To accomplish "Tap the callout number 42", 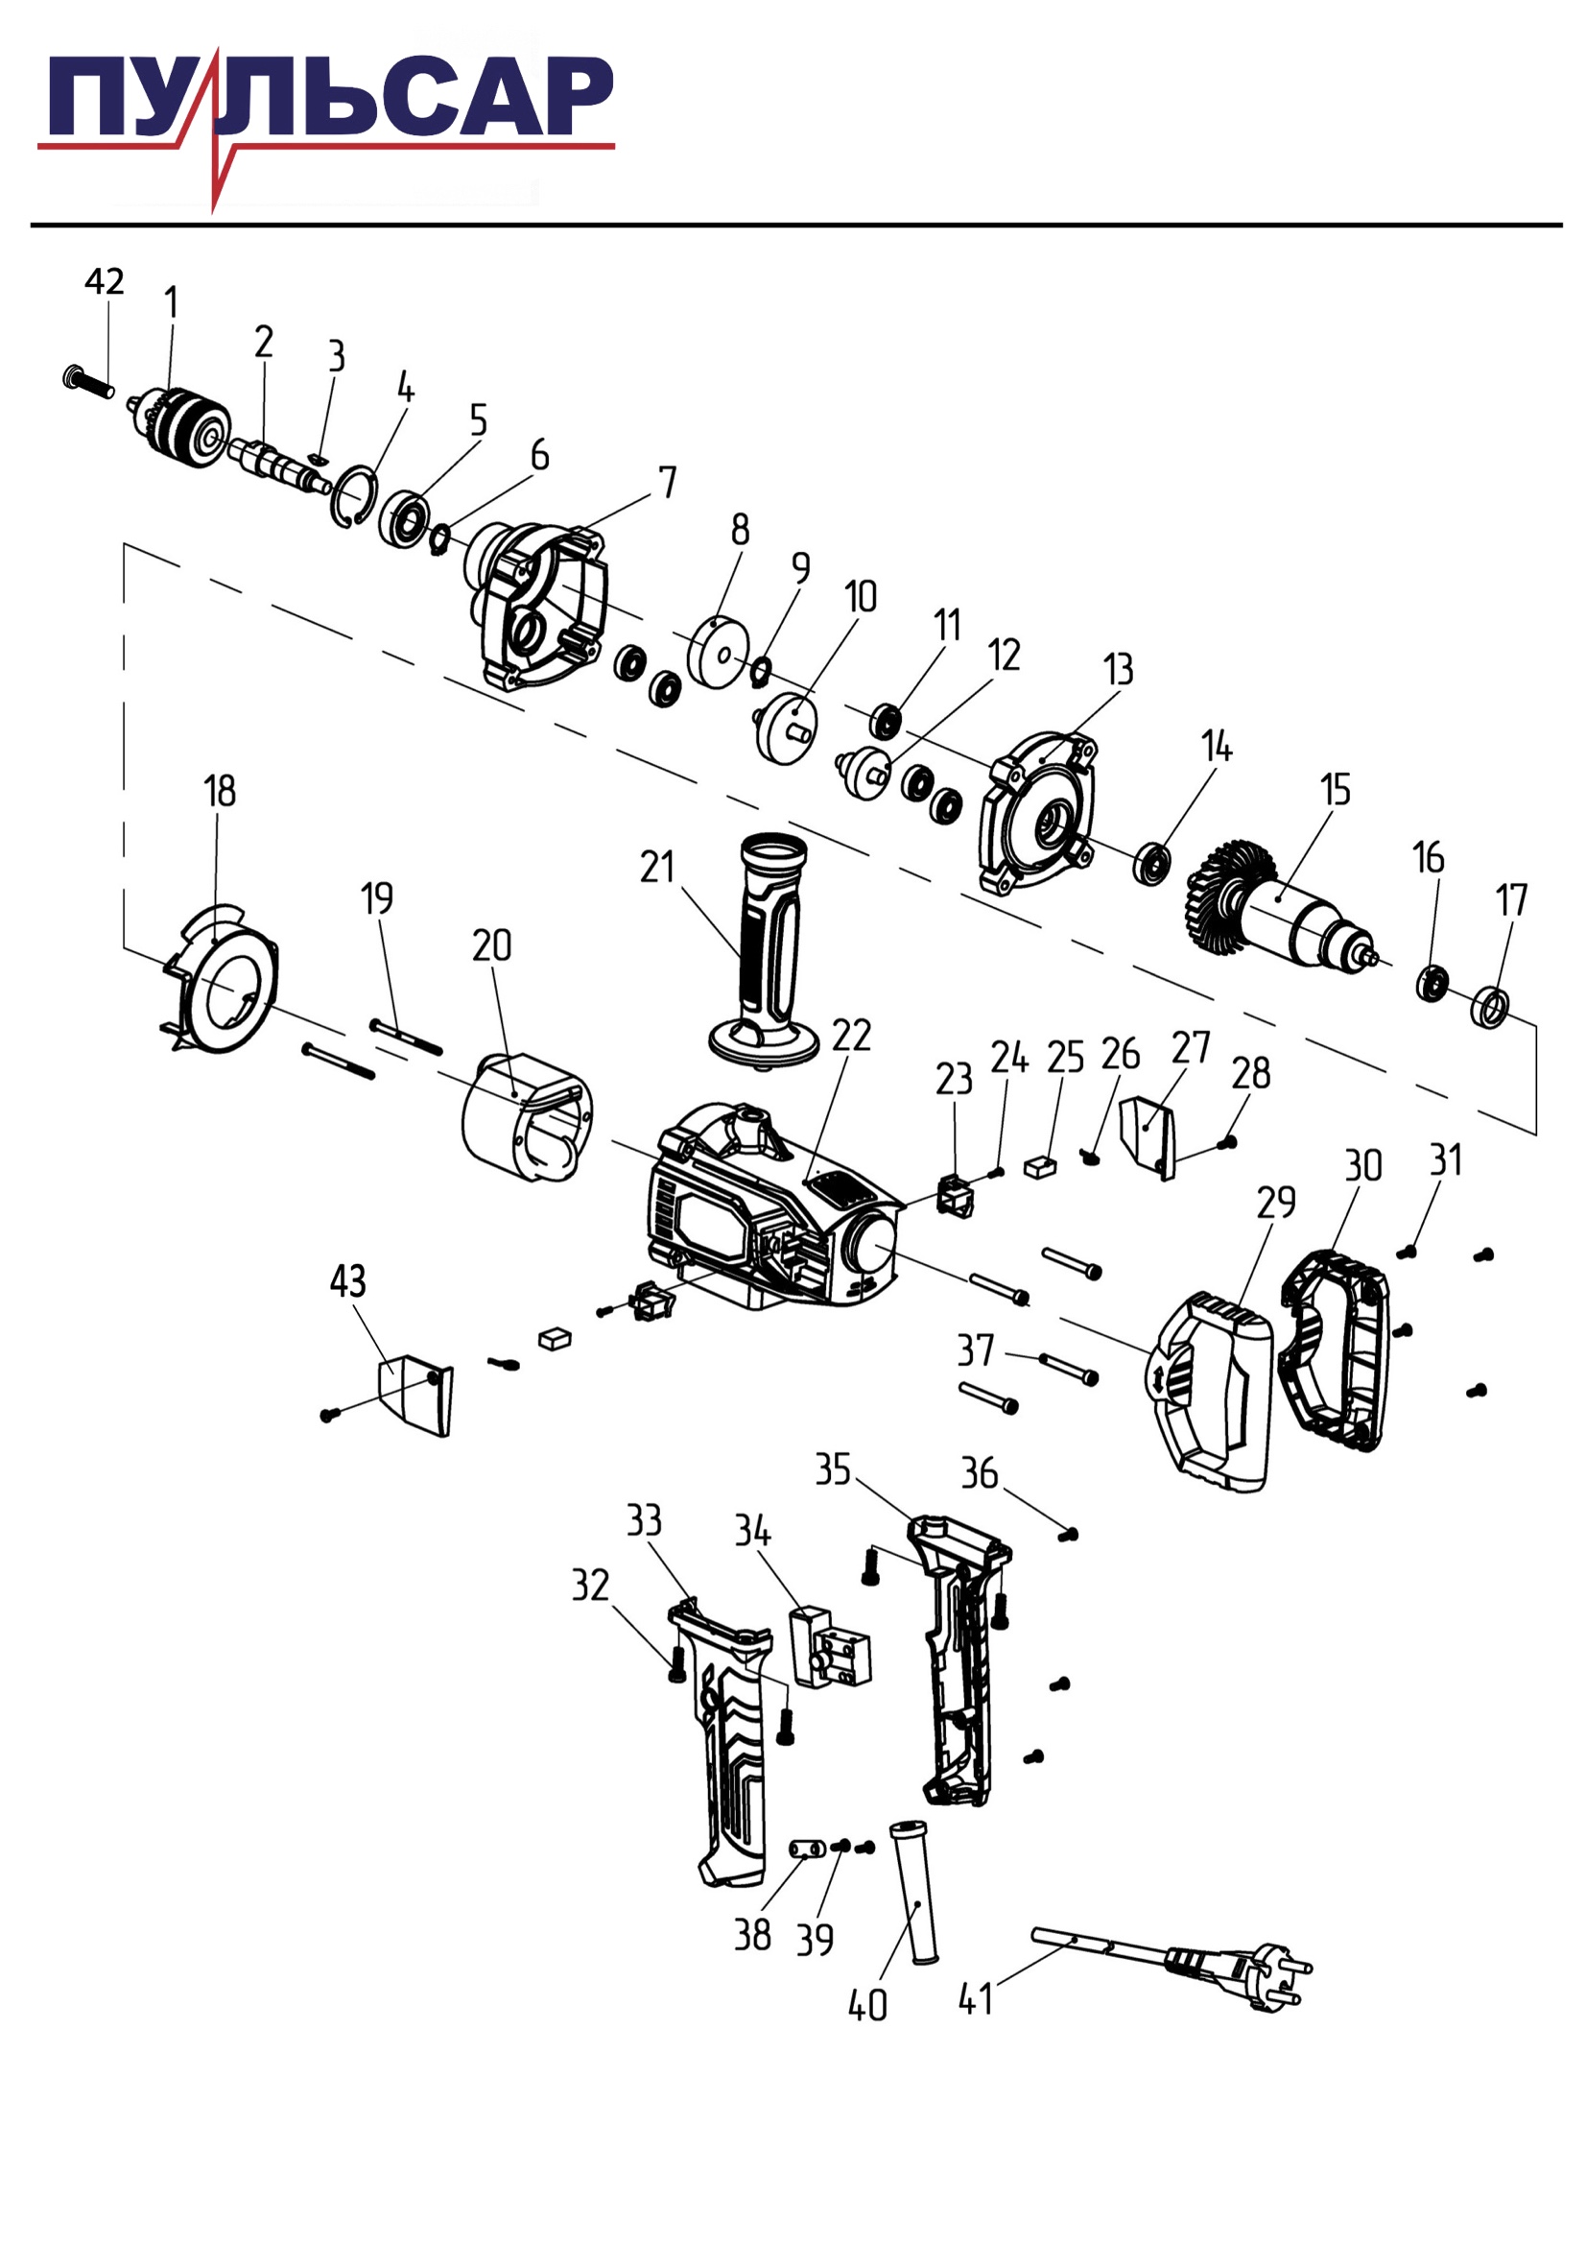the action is pyautogui.click(x=105, y=281).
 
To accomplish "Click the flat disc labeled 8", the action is pyautogui.click(x=719, y=652).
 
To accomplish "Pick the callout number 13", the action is pyautogui.click(x=1119, y=671).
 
